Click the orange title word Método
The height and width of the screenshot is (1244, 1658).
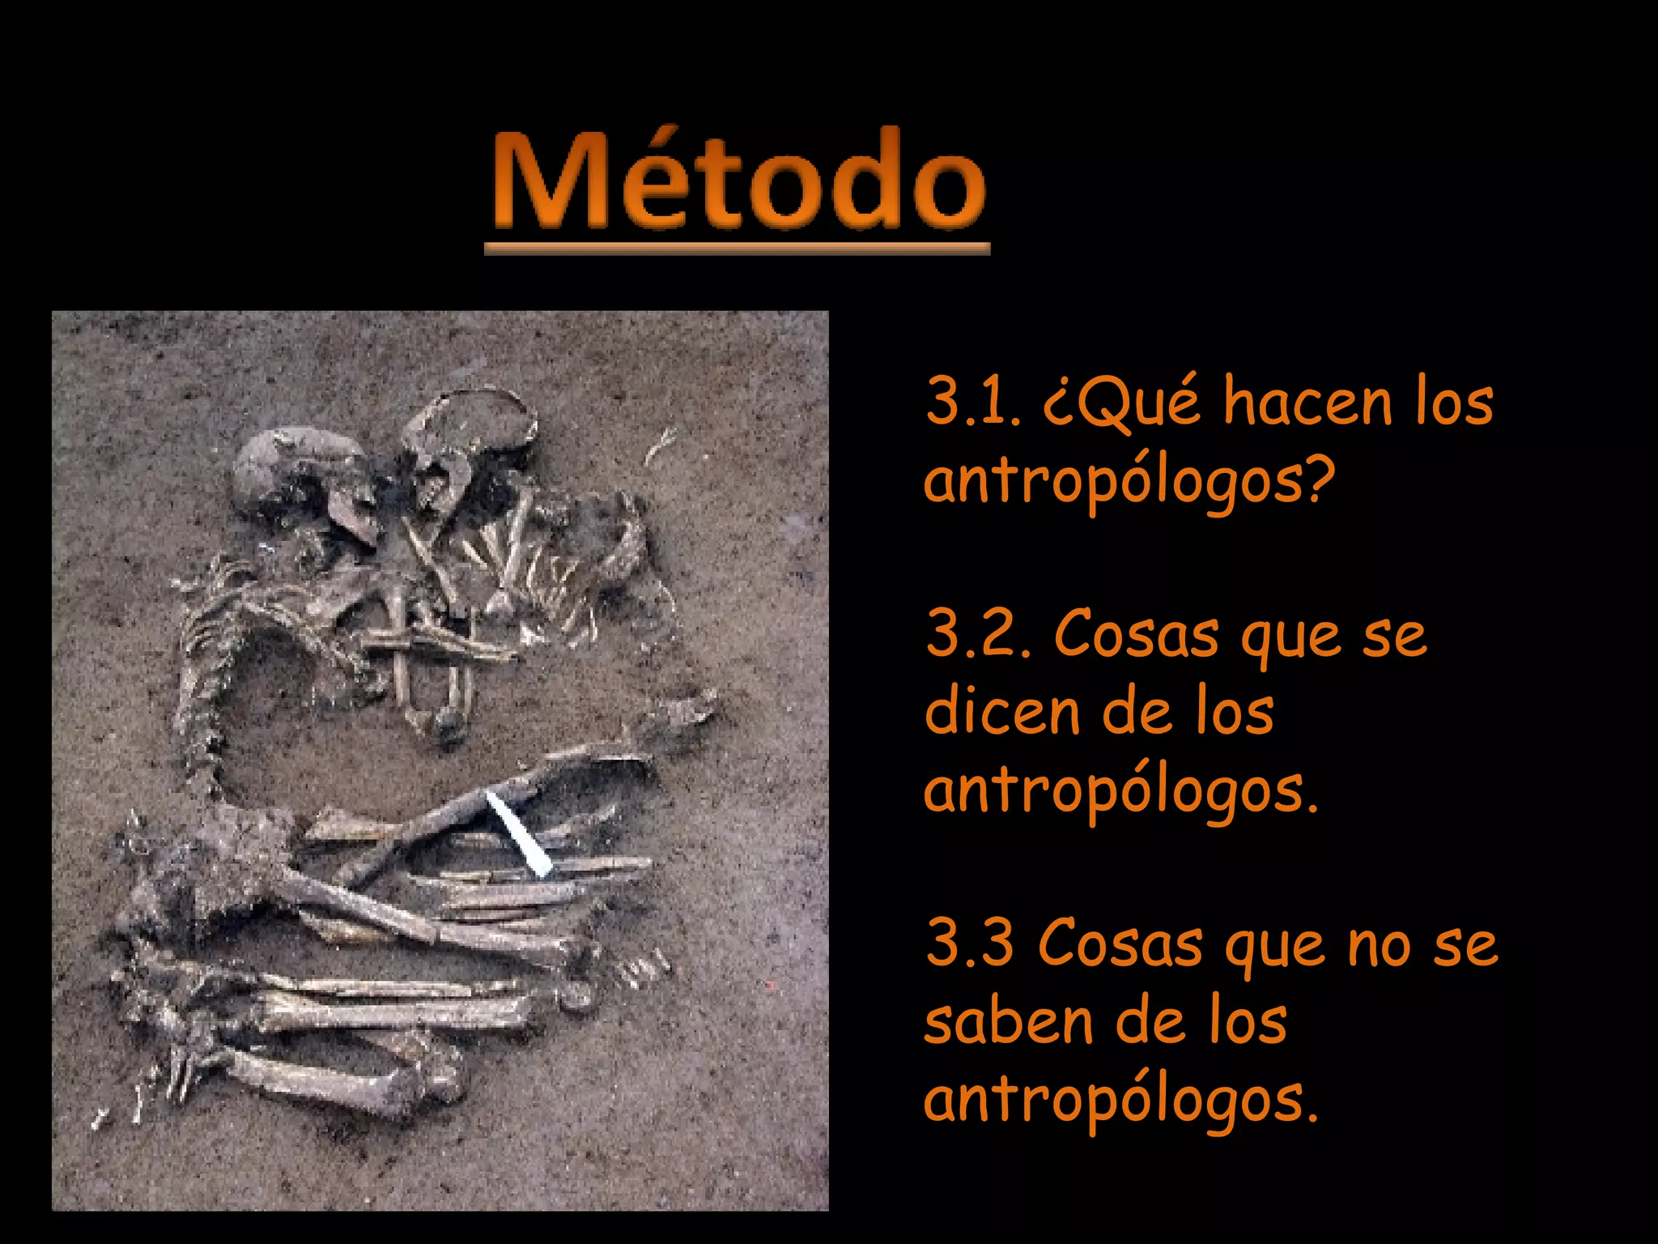coord(738,180)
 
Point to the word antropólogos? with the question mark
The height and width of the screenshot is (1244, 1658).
coord(1129,481)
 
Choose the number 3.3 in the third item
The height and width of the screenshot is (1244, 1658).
coord(970,943)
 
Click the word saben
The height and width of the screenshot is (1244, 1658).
coord(1009,1021)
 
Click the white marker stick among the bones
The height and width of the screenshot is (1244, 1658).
coord(518,834)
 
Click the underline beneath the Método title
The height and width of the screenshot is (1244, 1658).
coord(737,249)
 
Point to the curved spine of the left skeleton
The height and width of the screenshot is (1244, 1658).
coord(198,688)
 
